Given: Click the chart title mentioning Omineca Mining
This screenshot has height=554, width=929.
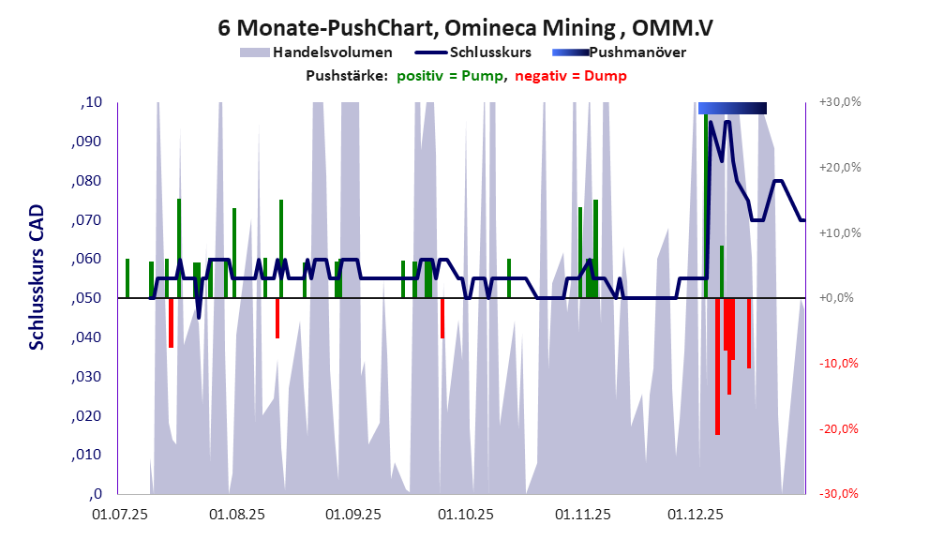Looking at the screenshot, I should pyautogui.click(x=464, y=27).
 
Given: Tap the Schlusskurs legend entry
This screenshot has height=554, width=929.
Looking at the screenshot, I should pyautogui.click(x=491, y=52).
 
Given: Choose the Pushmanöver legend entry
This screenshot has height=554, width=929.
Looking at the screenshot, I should pyautogui.click(x=637, y=52).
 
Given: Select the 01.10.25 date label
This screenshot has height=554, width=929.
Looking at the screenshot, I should pyautogui.click(x=466, y=515).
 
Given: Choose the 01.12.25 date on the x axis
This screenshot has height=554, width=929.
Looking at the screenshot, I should pyautogui.click(x=695, y=515).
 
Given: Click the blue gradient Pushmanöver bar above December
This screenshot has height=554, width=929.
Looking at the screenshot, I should pyautogui.click(x=732, y=108).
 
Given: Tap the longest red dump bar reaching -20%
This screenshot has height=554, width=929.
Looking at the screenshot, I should pyautogui.click(x=717, y=375).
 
